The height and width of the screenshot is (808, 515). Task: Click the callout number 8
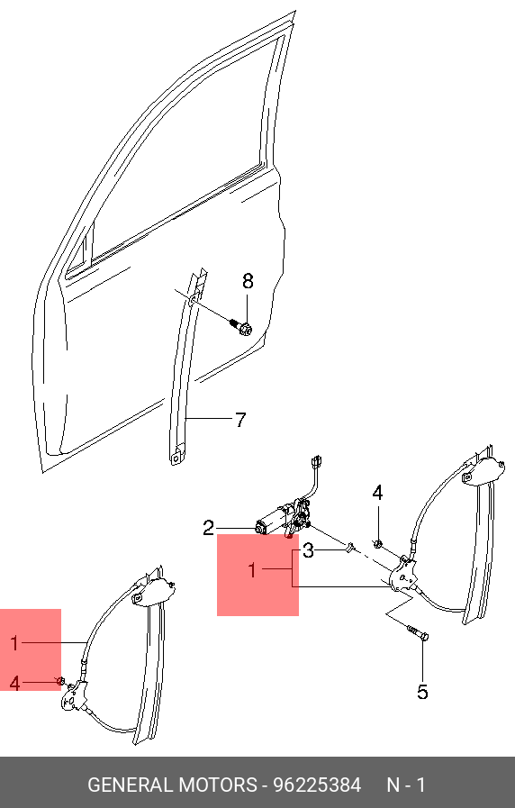point(248,281)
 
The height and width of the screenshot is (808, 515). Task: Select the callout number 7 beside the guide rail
point(240,420)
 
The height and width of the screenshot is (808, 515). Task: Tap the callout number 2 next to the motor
point(208,528)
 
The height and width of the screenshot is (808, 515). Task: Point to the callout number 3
point(308,551)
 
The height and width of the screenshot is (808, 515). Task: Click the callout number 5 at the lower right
point(422,692)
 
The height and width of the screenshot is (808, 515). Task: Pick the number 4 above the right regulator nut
point(377,493)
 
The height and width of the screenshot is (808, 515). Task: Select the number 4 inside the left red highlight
point(14,684)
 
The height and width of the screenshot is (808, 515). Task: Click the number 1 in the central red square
point(252,570)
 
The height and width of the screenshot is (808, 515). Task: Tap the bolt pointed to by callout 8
point(240,326)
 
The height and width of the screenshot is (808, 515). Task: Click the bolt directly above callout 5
point(418,632)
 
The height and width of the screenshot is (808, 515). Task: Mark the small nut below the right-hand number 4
point(377,542)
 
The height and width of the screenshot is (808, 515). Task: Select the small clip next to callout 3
point(350,548)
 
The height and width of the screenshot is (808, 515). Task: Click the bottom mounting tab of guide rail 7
point(176,456)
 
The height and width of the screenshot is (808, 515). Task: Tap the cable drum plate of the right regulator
point(403,575)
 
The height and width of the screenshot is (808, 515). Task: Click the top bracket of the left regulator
point(152,591)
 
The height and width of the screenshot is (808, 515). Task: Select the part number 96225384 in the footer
point(317,785)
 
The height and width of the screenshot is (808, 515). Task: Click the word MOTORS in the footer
point(217,785)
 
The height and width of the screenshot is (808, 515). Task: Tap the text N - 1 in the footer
point(406,785)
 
